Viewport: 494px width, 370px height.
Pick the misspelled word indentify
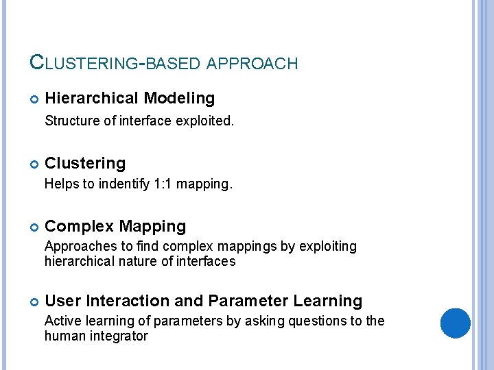click(x=124, y=184)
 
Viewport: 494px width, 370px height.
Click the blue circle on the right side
click(x=455, y=323)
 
